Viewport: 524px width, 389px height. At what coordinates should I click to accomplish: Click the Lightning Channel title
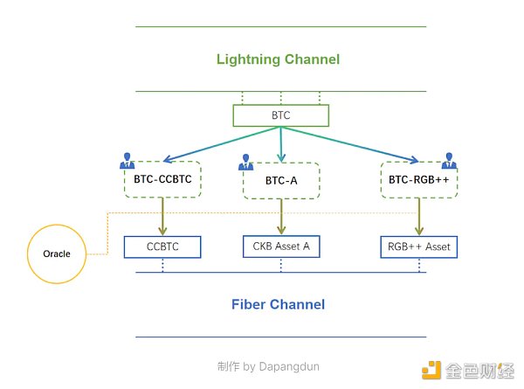pos(278,59)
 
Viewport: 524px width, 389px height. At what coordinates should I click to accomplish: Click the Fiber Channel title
pos(278,304)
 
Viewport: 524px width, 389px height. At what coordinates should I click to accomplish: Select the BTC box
pos(280,115)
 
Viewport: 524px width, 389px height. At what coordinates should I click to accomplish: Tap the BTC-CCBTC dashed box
pos(163,179)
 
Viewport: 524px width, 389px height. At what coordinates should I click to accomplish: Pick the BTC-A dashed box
pos(281,181)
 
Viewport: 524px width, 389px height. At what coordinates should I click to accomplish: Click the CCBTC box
pos(163,247)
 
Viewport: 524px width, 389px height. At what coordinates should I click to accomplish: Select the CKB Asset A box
pos(281,247)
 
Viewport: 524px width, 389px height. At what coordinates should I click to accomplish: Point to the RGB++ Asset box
pos(419,247)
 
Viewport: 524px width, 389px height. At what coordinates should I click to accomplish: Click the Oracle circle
pos(62,254)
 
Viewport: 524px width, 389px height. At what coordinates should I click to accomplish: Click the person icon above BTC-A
pos(245,161)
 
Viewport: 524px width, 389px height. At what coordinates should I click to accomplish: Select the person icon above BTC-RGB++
pos(451,160)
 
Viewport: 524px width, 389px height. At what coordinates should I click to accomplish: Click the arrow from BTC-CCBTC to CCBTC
pos(163,216)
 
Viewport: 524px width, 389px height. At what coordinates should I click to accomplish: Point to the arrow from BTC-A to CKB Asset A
pos(281,217)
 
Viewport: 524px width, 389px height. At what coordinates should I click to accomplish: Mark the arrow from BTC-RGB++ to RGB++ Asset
pos(418,216)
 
